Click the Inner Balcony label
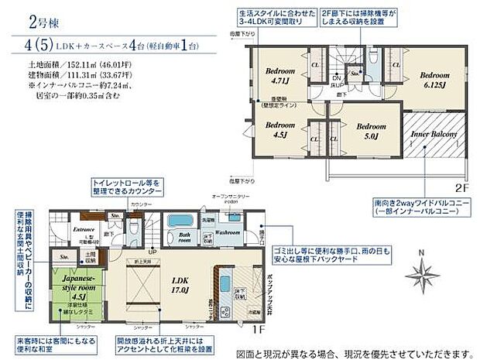tap(431, 132)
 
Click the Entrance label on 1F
tap(83, 228)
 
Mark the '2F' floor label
tap(461, 187)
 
